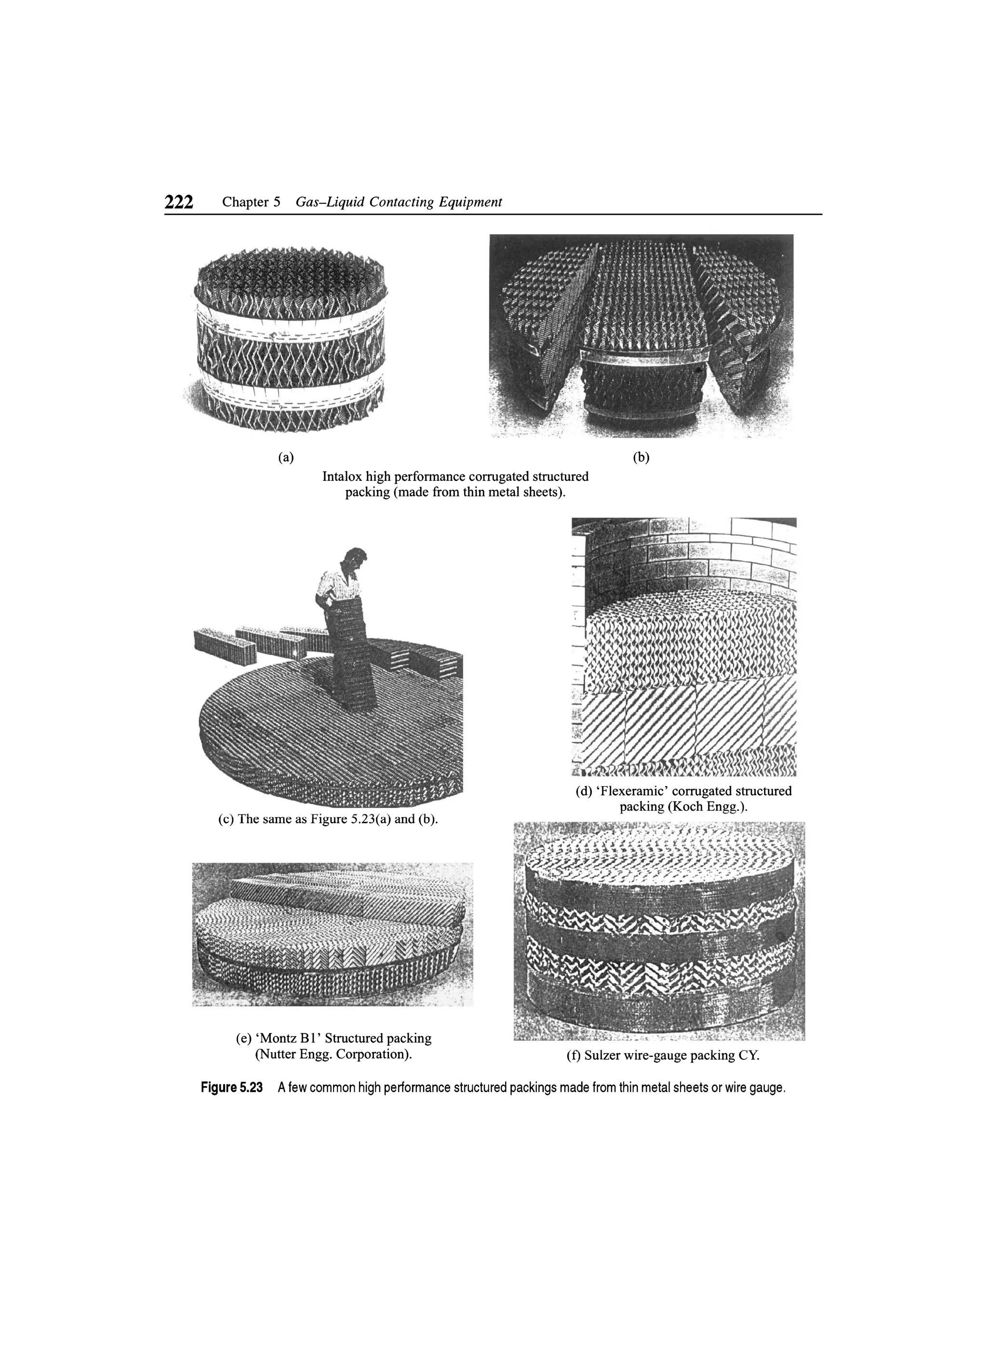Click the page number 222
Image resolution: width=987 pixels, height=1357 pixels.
point(179,202)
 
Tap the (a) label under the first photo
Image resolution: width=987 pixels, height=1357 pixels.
point(286,458)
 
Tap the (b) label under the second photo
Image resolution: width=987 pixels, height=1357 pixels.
point(641,458)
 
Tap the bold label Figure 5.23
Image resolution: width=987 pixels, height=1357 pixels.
point(232,1088)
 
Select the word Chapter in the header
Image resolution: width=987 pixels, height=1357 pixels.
point(245,202)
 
